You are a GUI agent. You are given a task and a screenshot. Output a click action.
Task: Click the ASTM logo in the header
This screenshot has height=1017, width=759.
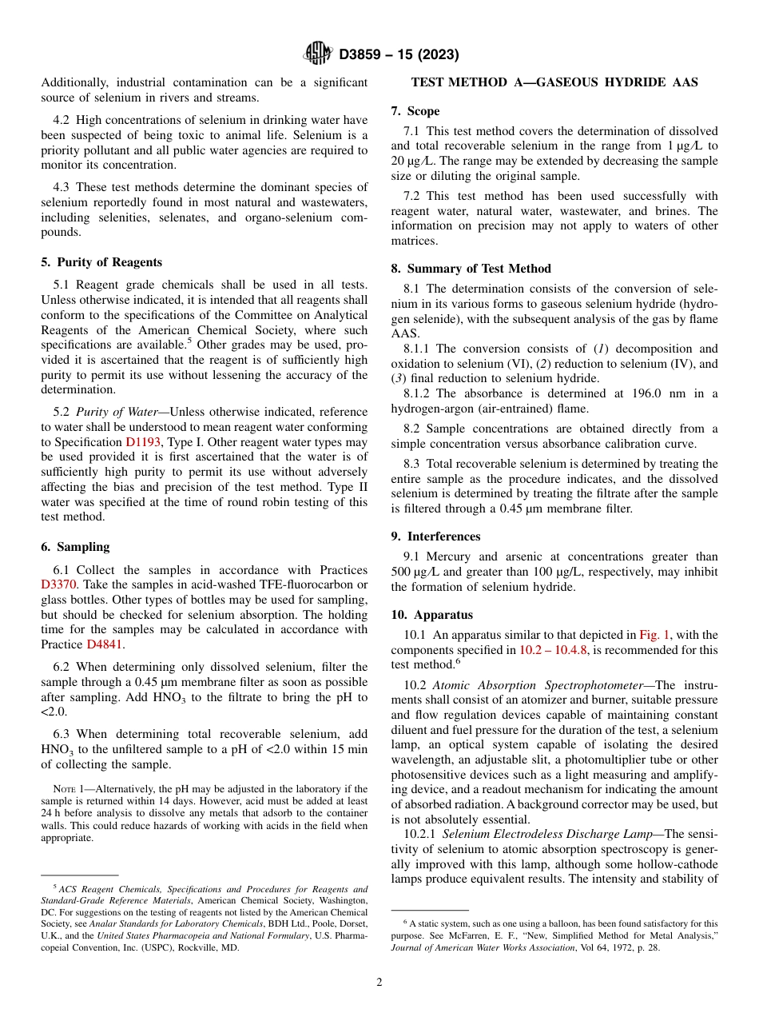pyautogui.click(x=317, y=54)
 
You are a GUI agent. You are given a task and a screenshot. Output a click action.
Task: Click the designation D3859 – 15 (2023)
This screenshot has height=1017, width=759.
pyautogui.click(x=399, y=55)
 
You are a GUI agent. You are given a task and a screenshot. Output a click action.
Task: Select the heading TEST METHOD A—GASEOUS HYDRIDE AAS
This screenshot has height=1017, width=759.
pyautogui.click(x=554, y=82)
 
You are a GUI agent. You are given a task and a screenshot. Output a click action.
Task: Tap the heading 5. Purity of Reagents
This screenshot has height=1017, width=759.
pyautogui.click(x=101, y=262)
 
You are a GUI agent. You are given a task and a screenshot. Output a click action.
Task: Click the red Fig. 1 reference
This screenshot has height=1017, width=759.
pyautogui.click(x=655, y=635)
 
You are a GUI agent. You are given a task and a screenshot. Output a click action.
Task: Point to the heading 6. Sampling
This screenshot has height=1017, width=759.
pyautogui.click(x=75, y=547)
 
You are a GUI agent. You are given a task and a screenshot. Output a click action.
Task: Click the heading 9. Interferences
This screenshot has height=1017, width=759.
pyautogui.click(x=435, y=536)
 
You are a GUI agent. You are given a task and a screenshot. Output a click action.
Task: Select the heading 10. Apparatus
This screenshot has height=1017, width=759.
pyautogui.click(x=431, y=615)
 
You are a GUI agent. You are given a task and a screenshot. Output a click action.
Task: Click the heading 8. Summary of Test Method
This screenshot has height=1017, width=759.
pyautogui.click(x=471, y=269)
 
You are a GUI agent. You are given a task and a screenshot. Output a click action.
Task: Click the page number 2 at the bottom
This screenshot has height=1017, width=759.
pyautogui.click(x=379, y=982)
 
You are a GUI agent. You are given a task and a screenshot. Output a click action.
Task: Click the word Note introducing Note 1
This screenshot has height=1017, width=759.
pyautogui.click(x=64, y=789)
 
